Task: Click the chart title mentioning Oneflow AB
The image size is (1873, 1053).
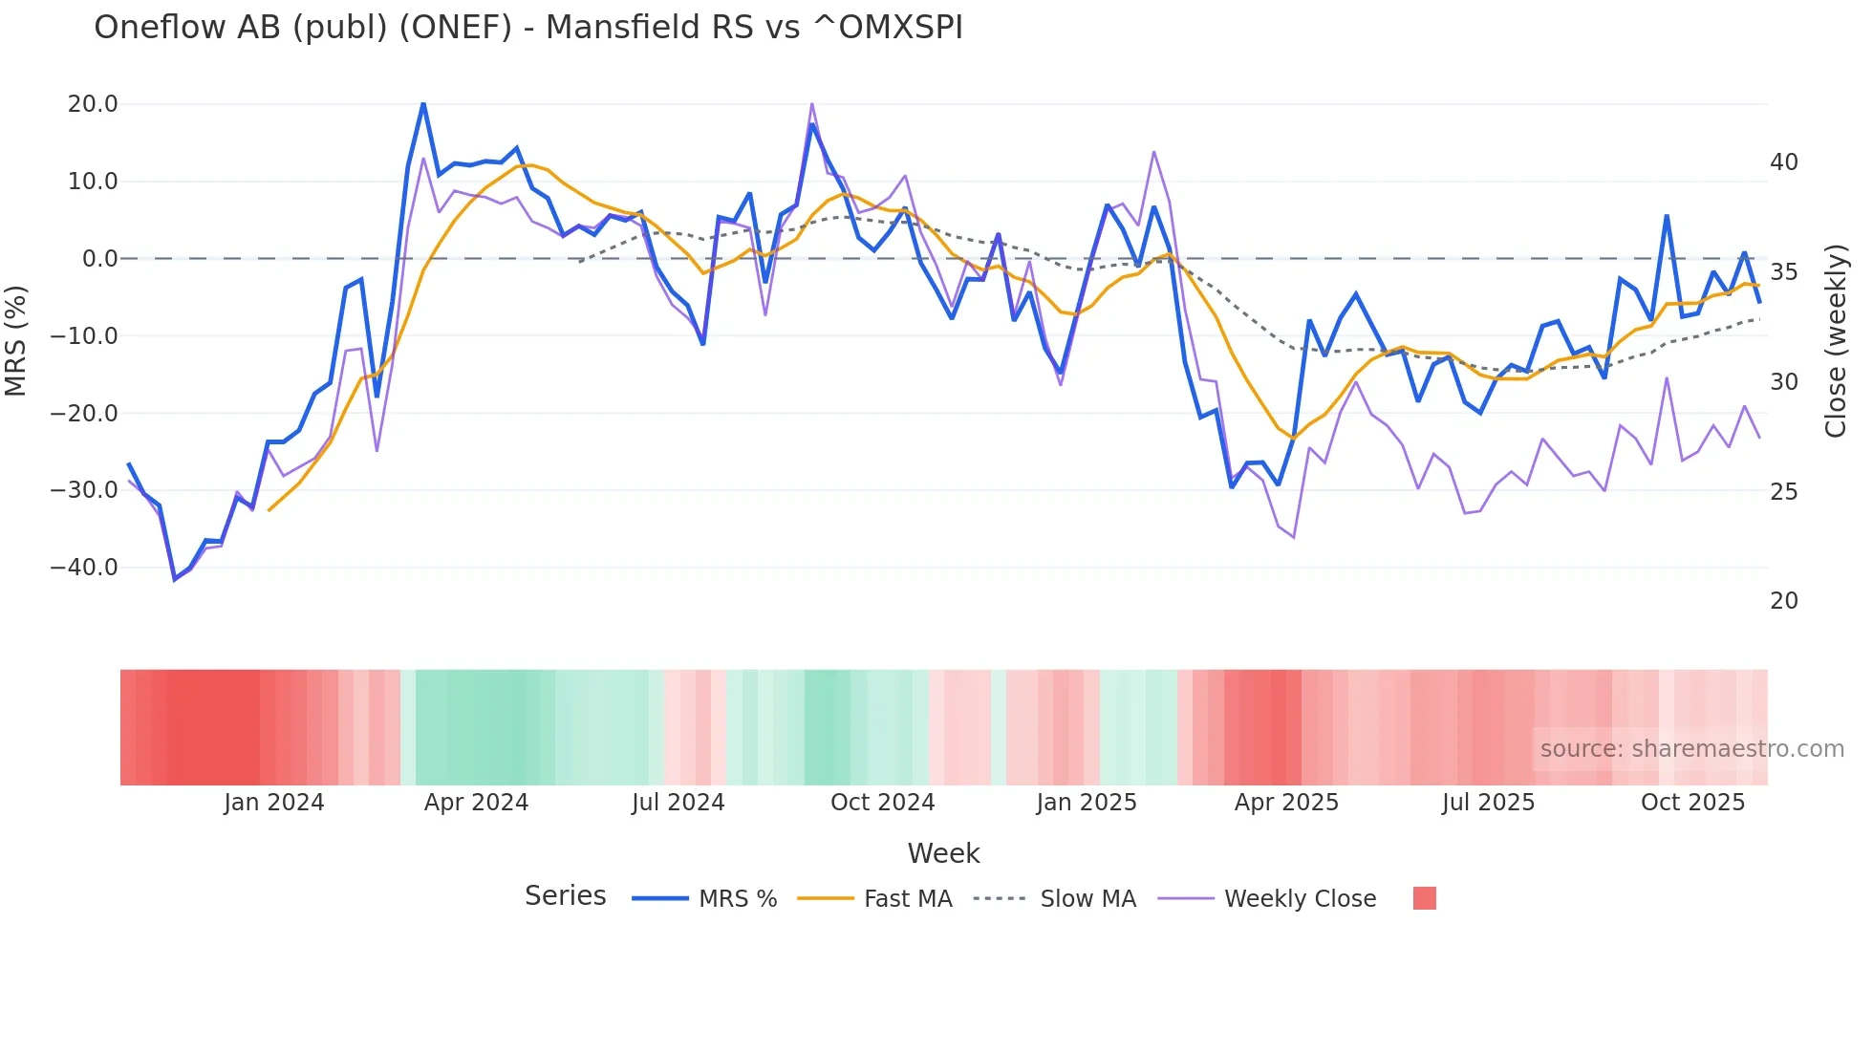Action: pos(527,28)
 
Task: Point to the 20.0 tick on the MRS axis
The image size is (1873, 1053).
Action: pos(93,104)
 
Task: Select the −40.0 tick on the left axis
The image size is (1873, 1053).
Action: pos(84,568)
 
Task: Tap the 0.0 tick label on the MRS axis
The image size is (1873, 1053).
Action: pos(99,259)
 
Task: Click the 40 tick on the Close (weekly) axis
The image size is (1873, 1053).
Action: pos(1783,162)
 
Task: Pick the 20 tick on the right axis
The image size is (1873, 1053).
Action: pos(1783,601)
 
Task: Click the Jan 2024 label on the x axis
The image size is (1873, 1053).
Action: pos(274,803)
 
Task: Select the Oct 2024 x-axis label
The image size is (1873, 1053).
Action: pos(882,803)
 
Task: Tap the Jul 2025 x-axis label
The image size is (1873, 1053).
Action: pos(1488,803)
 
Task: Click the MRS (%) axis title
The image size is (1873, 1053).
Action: pos(16,340)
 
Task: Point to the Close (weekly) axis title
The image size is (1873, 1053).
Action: pos(1835,341)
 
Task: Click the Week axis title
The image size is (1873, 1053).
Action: pos(943,853)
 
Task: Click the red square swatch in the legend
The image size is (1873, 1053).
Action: pos(1424,898)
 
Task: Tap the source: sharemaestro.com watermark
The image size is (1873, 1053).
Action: pos(1691,749)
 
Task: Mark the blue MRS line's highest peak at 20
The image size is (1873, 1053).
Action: pos(423,104)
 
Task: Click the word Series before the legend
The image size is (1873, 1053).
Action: pos(565,896)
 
